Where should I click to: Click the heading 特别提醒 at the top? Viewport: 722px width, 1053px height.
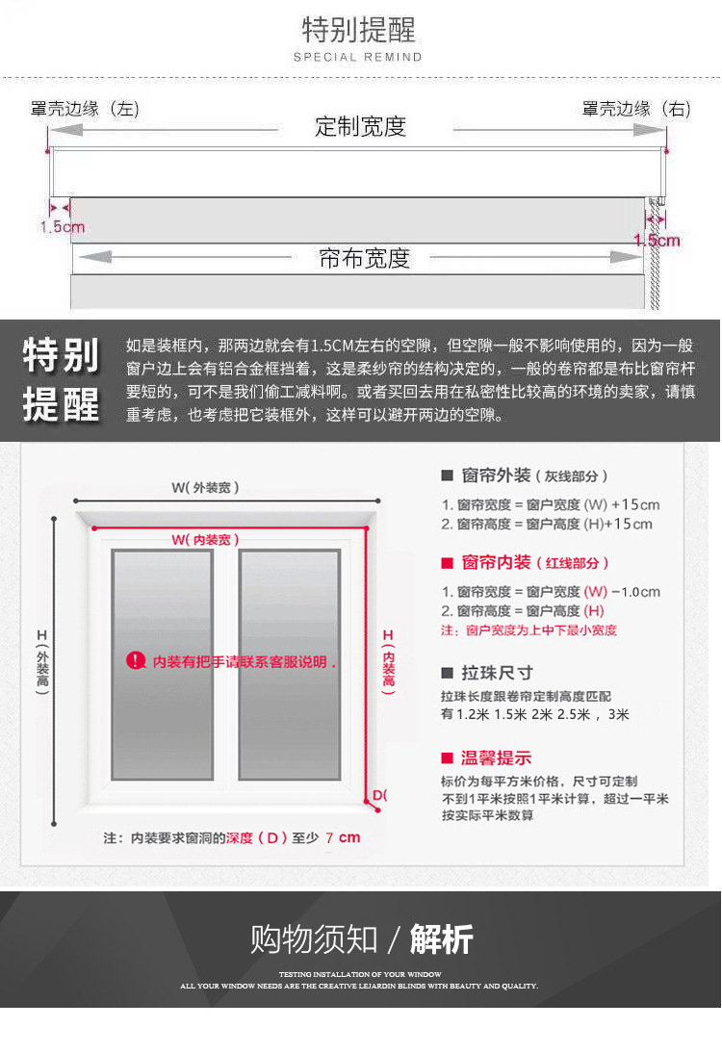(359, 30)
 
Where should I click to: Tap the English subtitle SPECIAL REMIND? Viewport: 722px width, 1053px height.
(358, 58)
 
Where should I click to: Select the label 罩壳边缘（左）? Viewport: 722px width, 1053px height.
(85, 109)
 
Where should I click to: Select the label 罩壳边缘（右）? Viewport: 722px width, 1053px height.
(636, 109)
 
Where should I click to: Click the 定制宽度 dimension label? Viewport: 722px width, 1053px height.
(361, 126)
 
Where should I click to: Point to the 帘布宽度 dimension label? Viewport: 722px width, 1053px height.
(364, 258)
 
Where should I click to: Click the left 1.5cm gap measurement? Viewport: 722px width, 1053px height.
(62, 227)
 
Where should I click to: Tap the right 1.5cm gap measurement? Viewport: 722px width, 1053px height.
(657, 240)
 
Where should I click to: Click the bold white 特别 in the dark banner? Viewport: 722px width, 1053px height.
(62, 355)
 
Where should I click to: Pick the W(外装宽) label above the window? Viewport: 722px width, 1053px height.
(206, 487)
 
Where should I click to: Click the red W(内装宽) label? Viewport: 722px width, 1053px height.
(206, 540)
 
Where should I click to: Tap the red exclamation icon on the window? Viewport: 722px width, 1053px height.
(136, 660)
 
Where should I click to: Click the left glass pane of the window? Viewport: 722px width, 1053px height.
(162, 664)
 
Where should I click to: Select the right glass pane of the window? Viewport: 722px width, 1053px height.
(289, 664)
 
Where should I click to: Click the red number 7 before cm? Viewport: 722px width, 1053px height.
(329, 837)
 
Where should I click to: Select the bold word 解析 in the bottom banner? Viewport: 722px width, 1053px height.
(442, 938)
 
